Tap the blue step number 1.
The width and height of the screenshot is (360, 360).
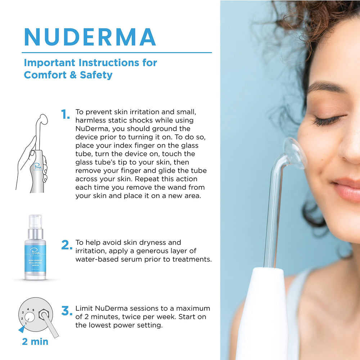[65, 115]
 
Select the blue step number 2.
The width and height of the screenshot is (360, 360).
[67, 245]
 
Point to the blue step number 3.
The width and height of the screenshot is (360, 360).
[67, 311]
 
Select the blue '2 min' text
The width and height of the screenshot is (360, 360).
[35, 341]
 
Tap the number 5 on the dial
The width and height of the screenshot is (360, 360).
[33, 310]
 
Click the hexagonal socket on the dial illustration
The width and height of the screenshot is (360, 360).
[45, 314]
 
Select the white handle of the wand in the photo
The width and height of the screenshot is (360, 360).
[261, 317]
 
